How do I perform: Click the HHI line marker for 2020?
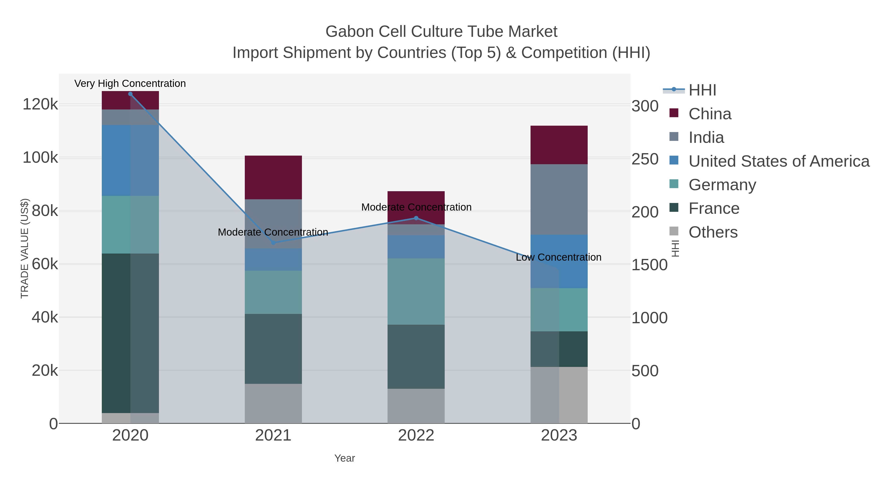pyautogui.click(x=130, y=94)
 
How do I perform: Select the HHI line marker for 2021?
pyautogui.click(x=273, y=243)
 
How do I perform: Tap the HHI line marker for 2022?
pyautogui.click(x=416, y=218)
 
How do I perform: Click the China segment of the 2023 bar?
pyautogui.click(x=559, y=145)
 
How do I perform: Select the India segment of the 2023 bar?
pyautogui.click(x=559, y=199)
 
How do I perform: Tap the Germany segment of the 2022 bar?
pyautogui.click(x=416, y=292)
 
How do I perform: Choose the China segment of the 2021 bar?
pyautogui.click(x=273, y=177)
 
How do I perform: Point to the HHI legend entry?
pyautogui.click(x=702, y=90)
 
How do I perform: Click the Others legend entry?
pyautogui.click(x=713, y=232)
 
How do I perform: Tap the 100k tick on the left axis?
pyautogui.click(x=40, y=158)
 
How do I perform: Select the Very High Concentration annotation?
pyautogui.click(x=130, y=83)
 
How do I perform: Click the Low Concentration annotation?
pyautogui.click(x=558, y=257)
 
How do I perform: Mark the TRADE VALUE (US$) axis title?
pyautogui.click(x=25, y=248)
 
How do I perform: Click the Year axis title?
pyautogui.click(x=345, y=458)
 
